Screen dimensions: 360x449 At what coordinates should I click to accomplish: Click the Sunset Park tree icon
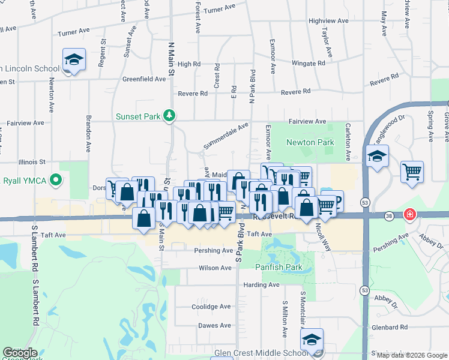(170, 115)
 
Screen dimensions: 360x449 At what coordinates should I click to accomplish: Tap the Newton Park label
(310, 143)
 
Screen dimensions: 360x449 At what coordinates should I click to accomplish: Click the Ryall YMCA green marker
(56, 179)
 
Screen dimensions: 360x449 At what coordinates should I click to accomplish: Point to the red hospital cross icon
(410, 214)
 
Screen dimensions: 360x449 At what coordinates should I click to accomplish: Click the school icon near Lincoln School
(74, 59)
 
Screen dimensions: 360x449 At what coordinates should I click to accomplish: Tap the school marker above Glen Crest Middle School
(312, 340)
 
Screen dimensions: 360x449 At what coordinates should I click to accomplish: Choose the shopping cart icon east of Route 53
(412, 172)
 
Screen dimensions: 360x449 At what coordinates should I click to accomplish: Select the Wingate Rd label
(308, 63)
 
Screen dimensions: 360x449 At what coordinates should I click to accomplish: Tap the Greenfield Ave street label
(144, 79)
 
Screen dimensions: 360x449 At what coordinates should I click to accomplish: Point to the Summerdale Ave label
(225, 136)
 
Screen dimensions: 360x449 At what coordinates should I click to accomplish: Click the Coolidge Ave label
(211, 307)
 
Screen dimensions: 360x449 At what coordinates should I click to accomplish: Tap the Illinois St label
(32, 162)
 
